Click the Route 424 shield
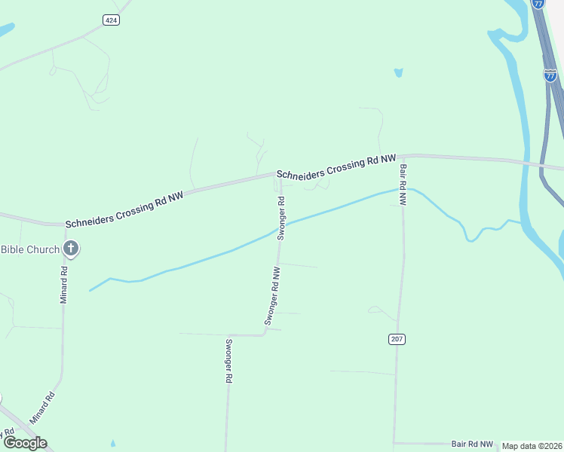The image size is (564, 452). point(111,20)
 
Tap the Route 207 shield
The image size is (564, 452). point(397,340)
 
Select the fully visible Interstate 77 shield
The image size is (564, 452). point(550,75)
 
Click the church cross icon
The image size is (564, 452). point(71,248)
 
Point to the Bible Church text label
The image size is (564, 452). point(29,249)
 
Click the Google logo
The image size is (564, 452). point(25,442)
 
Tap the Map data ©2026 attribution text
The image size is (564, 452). point(532,446)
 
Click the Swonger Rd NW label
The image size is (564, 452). point(272,295)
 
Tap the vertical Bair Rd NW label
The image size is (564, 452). point(403,185)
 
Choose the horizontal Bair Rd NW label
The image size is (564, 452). point(472,444)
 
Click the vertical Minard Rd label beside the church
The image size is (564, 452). point(64,284)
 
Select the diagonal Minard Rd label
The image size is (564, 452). point(42,408)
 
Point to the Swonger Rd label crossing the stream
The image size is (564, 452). point(280,218)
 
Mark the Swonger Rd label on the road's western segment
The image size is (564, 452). point(228,362)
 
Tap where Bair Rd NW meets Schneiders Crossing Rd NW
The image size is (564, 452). point(400,156)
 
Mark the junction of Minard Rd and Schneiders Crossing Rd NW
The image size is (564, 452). point(63,224)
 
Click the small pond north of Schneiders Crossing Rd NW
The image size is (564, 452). point(397,73)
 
